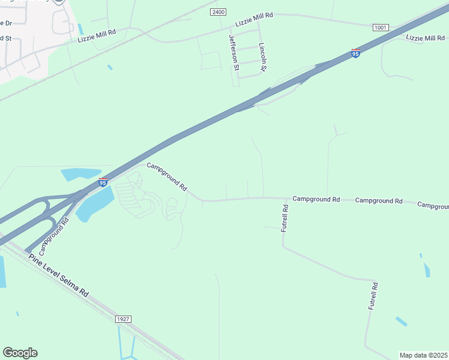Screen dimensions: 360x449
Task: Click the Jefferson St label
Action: [x=233, y=52]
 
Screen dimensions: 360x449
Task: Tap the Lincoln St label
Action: [x=262, y=57]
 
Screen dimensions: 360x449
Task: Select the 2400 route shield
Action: [x=218, y=12]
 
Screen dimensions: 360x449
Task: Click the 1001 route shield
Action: [x=380, y=28]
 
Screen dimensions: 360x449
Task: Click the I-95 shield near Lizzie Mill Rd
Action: [x=356, y=53]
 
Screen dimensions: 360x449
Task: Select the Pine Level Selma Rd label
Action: [x=59, y=275]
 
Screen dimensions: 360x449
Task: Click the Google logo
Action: [x=20, y=353]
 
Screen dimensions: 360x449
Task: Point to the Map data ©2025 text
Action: [x=424, y=355]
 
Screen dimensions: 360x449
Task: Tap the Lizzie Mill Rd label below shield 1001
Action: [x=426, y=38]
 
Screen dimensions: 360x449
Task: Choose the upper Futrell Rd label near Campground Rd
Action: [x=286, y=218]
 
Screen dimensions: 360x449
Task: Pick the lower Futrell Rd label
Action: [x=373, y=296]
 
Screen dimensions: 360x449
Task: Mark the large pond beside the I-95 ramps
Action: [x=94, y=203]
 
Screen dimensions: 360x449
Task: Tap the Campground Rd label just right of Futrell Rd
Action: [x=316, y=199]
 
